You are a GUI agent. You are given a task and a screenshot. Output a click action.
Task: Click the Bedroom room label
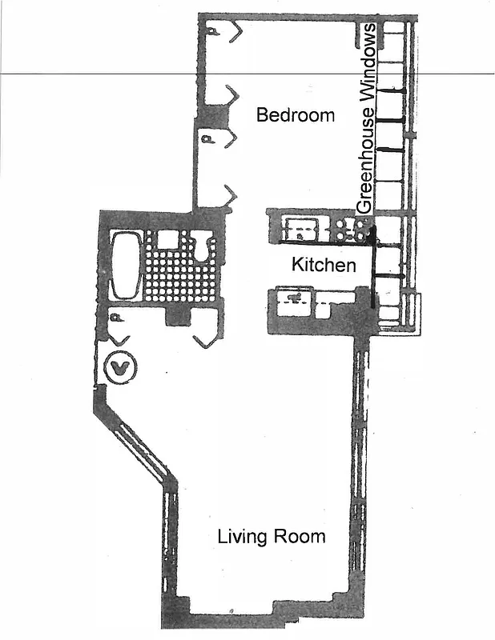click(295, 115)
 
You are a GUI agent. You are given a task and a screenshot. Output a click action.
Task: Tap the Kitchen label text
click(323, 265)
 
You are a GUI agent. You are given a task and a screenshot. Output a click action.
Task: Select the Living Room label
click(272, 536)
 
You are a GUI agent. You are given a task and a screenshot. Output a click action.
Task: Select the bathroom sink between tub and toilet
click(168, 238)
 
